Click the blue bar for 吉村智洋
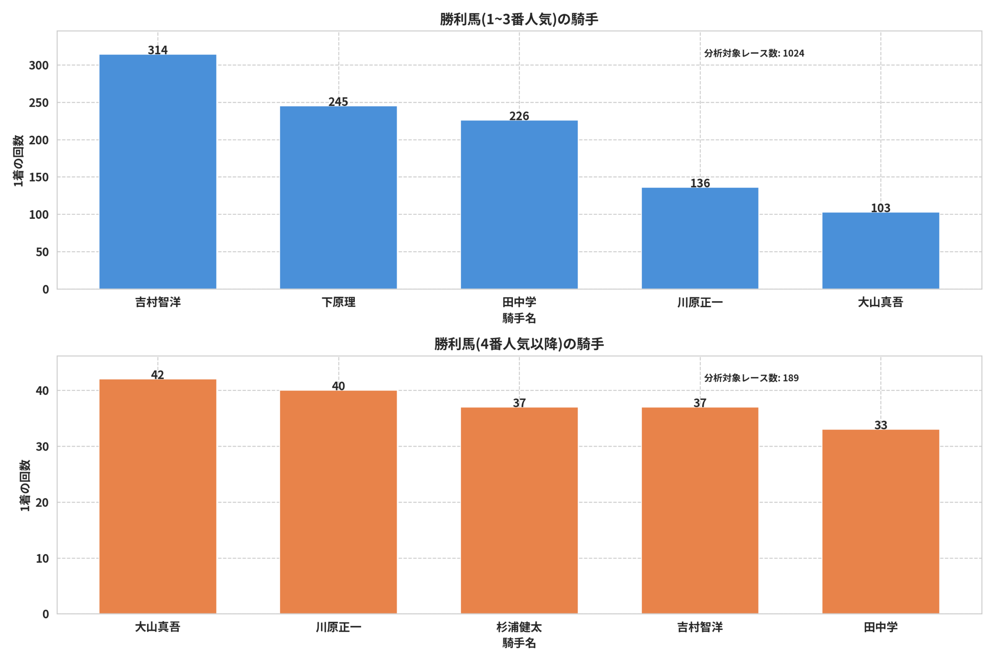[158, 172]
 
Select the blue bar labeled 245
[338, 197]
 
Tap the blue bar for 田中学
[519, 205]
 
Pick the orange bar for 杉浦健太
[519, 510]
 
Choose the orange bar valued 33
[881, 522]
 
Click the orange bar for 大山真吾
[158, 496]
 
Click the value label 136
[700, 183]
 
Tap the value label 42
[158, 375]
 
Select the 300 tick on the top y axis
[38, 66]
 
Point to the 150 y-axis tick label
[38, 177]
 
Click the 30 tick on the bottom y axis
[42, 447]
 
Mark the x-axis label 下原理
[339, 302]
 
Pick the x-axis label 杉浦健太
[519, 627]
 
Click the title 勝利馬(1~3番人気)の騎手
[519, 19]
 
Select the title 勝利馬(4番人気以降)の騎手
[519, 344]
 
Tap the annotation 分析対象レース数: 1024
[754, 53]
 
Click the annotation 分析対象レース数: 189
[751, 378]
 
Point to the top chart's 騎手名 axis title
[519, 318]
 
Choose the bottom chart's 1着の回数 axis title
[25, 486]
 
